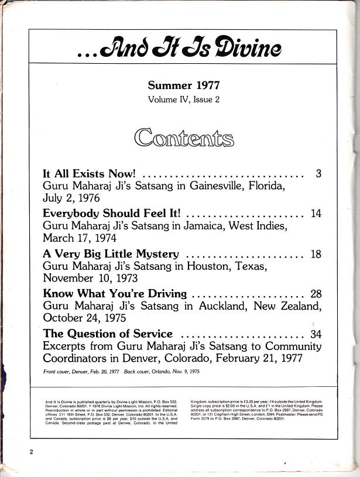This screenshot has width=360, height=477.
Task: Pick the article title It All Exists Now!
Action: tap(90, 174)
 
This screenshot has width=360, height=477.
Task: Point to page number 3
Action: tap(318, 174)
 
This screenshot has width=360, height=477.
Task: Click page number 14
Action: tap(316, 214)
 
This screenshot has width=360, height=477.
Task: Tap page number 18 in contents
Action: tap(316, 254)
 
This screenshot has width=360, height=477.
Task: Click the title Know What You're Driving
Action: tap(115, 294)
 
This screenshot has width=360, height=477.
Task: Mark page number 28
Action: tap(316, 294)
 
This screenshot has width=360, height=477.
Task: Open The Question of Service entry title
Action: tap(108, 334)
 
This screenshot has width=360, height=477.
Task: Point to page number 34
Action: tap(316, 334)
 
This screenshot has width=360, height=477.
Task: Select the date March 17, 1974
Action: tap(80, 239)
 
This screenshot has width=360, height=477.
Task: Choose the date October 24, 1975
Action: tap(85, 319)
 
